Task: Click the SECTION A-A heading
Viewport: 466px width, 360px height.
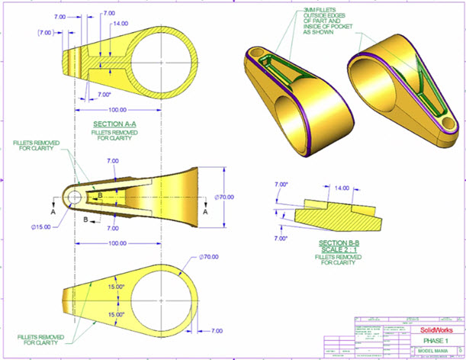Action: click(x=115, y=124)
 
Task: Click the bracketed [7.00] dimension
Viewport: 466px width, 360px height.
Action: click(x=45, y=33)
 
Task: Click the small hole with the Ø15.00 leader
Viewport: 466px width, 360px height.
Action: click(x=72, y=196)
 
